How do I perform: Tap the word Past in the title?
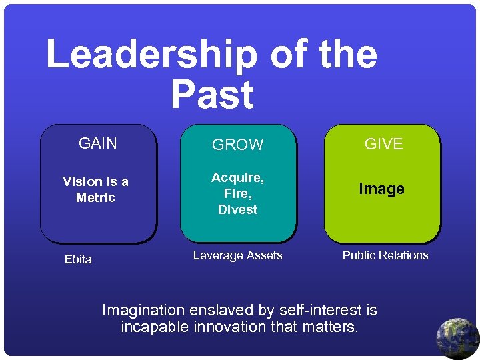click(212, 95)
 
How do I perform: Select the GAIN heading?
click(97, 143)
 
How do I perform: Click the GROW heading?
click(238, 145)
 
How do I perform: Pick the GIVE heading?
click(383, 144)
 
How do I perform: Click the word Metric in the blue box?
click(95, 198)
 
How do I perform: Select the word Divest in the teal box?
click(237, 209)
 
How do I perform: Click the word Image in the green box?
click(381, 189)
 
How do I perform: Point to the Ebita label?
click(78, 259)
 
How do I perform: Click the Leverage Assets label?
click(237, 255)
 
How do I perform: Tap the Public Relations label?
click(385, 255)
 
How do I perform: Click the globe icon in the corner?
click(458, 338)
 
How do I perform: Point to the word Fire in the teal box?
click(237, 194)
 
